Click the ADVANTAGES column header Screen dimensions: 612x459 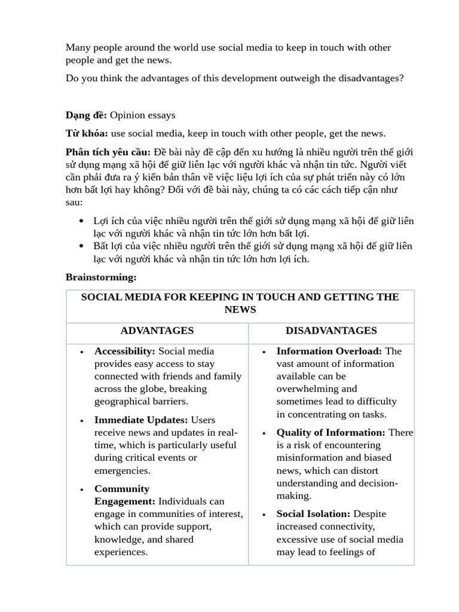coord(157,331)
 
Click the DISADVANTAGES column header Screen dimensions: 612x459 coord(331,331)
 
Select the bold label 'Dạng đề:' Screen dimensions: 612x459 coord(86,115)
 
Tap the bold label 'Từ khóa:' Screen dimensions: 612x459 coord(87,133)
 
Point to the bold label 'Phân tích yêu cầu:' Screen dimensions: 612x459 coord(108,152)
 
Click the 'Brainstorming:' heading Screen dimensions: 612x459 coord(101,277)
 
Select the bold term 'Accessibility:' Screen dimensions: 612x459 coord(124,351)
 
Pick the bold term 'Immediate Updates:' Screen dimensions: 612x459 coord(141,420)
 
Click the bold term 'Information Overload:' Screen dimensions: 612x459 coord(329,351)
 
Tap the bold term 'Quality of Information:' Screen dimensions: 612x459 coord(331,432)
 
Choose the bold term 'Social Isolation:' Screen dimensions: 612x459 coord(313,514)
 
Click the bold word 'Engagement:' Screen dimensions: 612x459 coord(124,501)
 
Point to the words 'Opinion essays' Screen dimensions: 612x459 coord(142,115)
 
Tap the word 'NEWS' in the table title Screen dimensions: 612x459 coord(240,310)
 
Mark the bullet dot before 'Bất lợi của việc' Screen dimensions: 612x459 coord(81,246)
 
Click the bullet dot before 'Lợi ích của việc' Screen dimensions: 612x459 coord(81,221)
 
